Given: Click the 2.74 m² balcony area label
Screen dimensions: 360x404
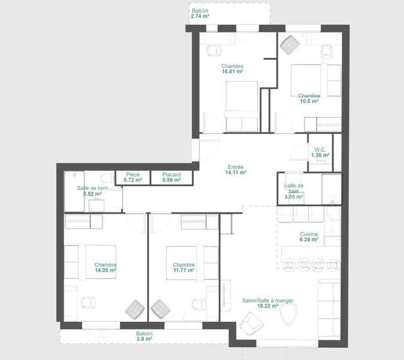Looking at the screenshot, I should (x=200, y=16).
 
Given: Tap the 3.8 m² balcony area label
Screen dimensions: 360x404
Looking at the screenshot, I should (x=144, y=339).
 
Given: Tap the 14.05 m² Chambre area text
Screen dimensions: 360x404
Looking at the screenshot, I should (x=106, y=271).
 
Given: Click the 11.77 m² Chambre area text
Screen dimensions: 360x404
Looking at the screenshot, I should (x=183, y=271).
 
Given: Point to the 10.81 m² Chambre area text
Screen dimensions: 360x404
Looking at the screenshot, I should (x=232, y=72).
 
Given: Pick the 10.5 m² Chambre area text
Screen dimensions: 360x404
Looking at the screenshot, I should (x=309, y=101).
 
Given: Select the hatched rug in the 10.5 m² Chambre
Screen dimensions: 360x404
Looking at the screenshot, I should (x=290, y=44).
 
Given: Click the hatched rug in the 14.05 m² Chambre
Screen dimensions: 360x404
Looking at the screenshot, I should (x=135, y=308).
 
